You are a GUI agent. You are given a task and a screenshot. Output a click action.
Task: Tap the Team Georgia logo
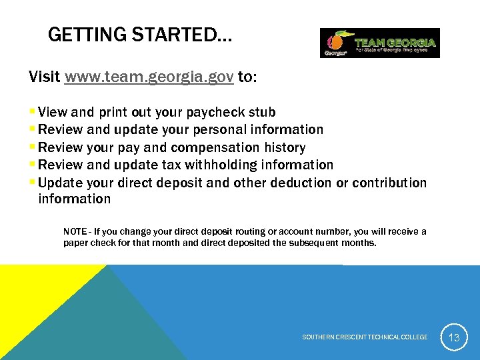pyautogui.click(x=379, y=43)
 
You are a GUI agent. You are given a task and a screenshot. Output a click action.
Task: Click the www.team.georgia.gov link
pyautogui.click(x=149, y=77)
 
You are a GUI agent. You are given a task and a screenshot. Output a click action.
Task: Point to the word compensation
pyautogui.click(x=219, y=147)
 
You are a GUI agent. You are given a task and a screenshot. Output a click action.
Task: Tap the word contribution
pyautogui.click(x=389, y=182)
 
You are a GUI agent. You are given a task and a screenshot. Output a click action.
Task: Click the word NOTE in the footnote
pyautogui.click(x=75, y=231)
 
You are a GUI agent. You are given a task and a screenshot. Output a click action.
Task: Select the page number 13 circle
pyautogui.click(x=454, y=337)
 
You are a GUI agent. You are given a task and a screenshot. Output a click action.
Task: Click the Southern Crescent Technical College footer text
pyautogui.click(x=365, y=337)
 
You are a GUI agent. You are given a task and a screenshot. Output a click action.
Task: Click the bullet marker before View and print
pyautogui.click(x=33, y=112)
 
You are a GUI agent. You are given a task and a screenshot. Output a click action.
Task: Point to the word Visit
pyautogui.click(x=45, y=77)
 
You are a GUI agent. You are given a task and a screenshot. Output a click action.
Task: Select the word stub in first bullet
pyautogui.click(x=263, y=112)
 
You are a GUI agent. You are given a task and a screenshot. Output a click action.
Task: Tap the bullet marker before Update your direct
pyautogui.click(x=33, y=182)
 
